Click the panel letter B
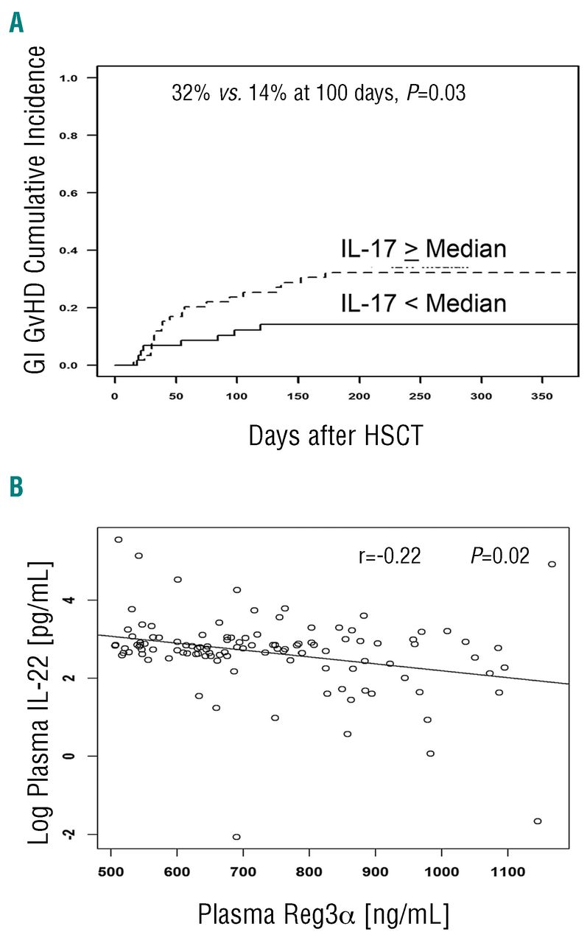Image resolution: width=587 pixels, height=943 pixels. coord(16,488)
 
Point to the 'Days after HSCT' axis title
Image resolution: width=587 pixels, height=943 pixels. coord(335,437)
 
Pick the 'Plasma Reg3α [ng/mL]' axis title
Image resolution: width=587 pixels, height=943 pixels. coord(323,914)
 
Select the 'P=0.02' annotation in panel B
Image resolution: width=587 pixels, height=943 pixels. coord(500,556)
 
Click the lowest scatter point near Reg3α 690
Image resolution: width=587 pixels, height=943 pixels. coord(236,837)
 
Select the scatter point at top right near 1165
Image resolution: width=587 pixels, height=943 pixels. coord(552,564)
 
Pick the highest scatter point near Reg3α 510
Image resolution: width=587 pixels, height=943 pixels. coord(118,539)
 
